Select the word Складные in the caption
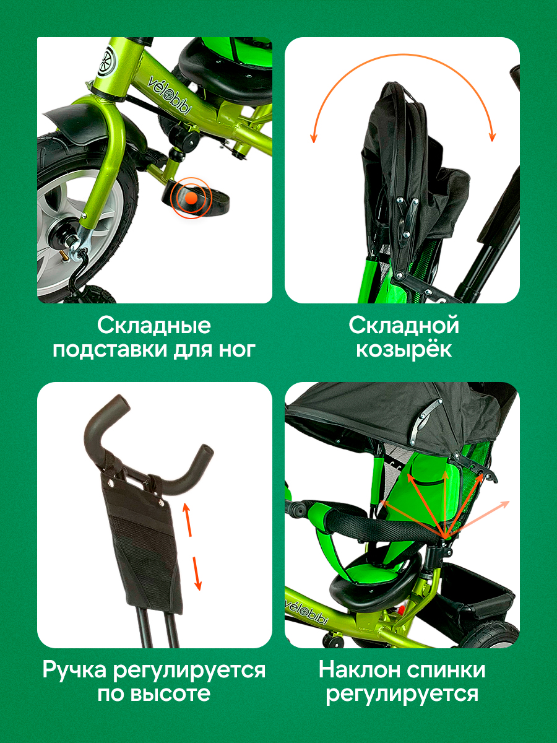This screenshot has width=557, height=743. [154, 326]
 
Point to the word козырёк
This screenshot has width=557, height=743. [404, 350]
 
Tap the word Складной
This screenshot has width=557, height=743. [404, 326]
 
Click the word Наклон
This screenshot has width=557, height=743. [359, 670]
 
